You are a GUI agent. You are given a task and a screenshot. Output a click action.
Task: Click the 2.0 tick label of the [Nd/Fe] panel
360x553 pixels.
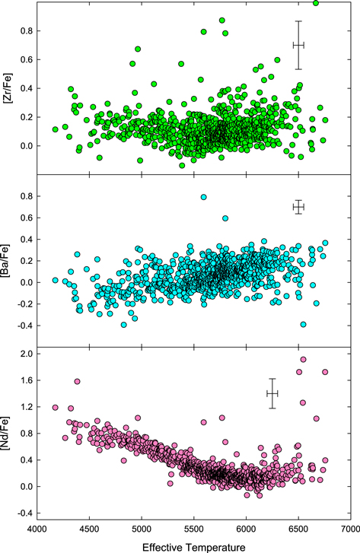24,354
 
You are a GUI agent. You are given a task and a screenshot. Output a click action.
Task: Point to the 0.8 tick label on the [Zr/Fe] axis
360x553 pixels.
24,31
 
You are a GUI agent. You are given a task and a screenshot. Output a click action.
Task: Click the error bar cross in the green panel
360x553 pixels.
298,45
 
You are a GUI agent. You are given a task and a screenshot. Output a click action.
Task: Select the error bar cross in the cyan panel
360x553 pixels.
298,207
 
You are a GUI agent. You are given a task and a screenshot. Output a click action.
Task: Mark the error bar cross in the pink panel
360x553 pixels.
272,393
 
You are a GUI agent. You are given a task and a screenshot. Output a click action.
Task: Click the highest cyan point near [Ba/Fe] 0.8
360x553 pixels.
204,197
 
